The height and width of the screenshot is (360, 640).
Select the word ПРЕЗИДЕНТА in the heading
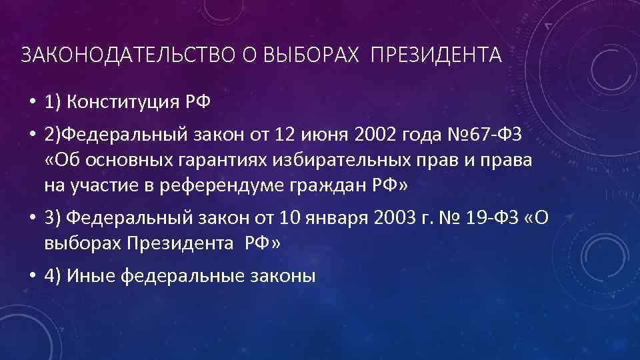pos(436,55)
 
